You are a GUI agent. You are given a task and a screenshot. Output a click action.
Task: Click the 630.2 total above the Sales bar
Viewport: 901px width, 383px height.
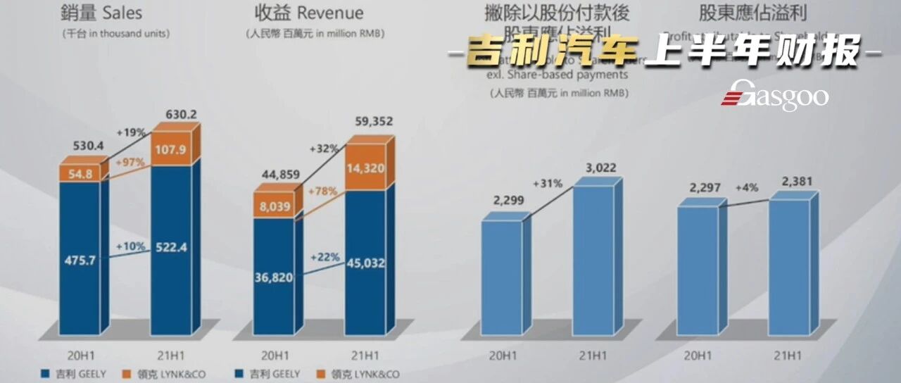pos(171,113)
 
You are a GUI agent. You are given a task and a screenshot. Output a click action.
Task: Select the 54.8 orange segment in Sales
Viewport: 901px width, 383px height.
pos(80,173)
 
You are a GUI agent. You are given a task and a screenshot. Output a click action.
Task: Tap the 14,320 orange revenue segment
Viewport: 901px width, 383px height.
pos(366,168)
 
